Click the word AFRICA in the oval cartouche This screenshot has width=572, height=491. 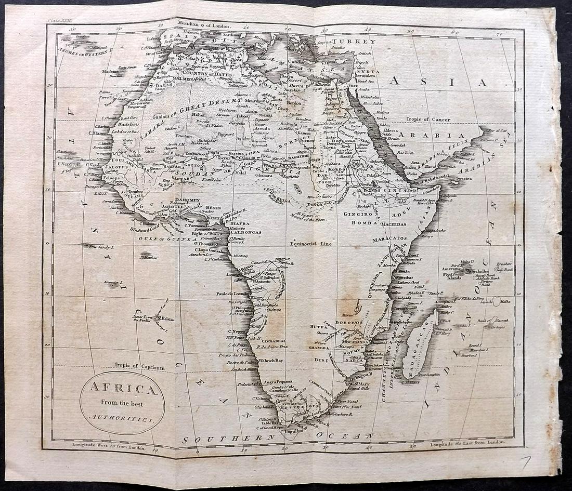(122, 389)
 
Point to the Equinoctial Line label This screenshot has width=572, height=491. (311, 243)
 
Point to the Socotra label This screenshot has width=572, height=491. (464, 178)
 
